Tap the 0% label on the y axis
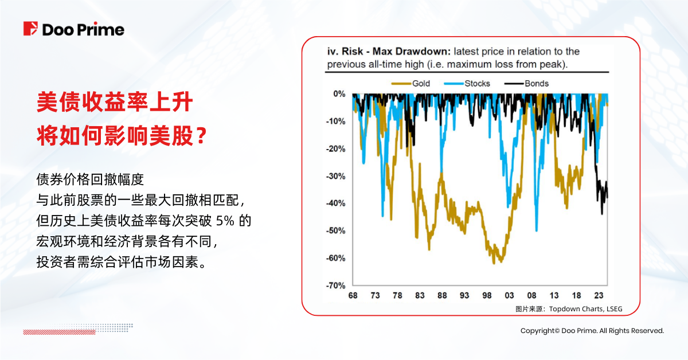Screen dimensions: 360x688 pyautogui.click(x=338, y=94)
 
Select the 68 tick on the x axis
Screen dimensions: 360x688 pyautogui.click(x=353, y=296)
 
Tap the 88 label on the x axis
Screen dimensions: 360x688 pyautogui.click(x=442, y=296)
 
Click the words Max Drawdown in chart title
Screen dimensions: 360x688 pyautogui.click(x=413, y=52)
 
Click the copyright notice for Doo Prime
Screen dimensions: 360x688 pyautogui.click(x=592, y=331)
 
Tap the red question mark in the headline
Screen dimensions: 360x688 pyautogui.click(x=201, y=137)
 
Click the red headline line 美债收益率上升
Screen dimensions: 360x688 pyautogui.click(x=114, y=103)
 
